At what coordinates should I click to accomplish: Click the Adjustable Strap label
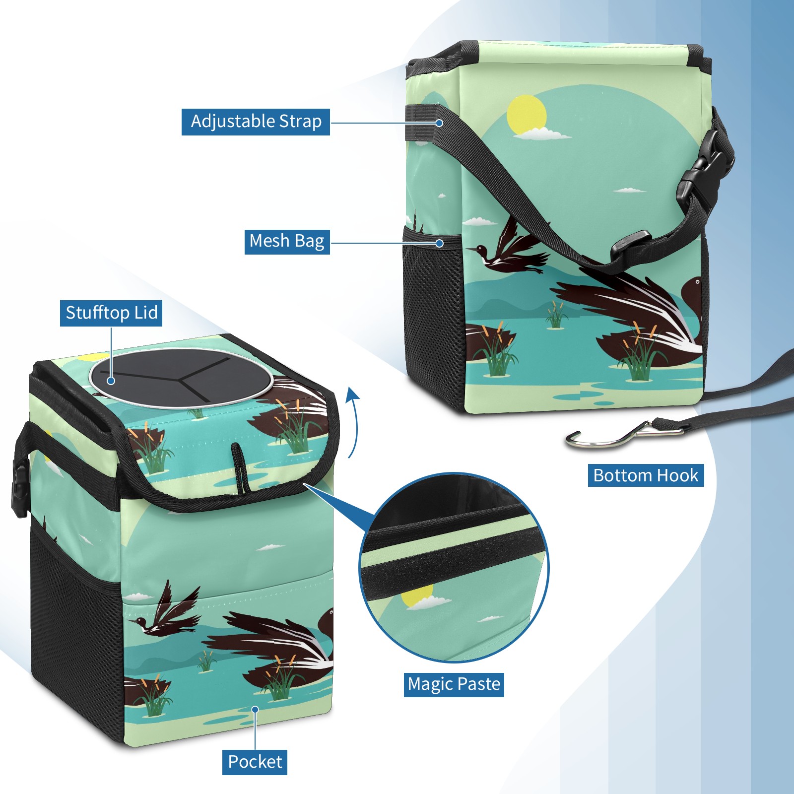pyautogui.click(x=256, y=122)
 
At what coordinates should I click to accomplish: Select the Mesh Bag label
pyautogui.click(x=287, y=241)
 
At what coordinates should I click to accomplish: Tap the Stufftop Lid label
pyautogui.click(x=111, y=313)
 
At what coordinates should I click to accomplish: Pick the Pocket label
pyautogui.click(x=255, y=762)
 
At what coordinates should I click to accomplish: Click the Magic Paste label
pyautogui.click(x=454, y=684)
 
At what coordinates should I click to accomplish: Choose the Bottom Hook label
pyautogui.click(x=646, y=475)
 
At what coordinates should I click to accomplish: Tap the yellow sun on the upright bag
pyautogui.click(x=527, y=115)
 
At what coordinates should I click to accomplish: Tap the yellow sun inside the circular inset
pyautogui.click(x=417, y=595)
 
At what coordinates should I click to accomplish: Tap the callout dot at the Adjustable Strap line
pyautogui.click(x=439, y=123)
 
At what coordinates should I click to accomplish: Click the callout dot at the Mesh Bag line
pyautogui.click(x=439, y=243)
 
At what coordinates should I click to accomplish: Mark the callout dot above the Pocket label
pyautogui.click(x=255, y=710)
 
